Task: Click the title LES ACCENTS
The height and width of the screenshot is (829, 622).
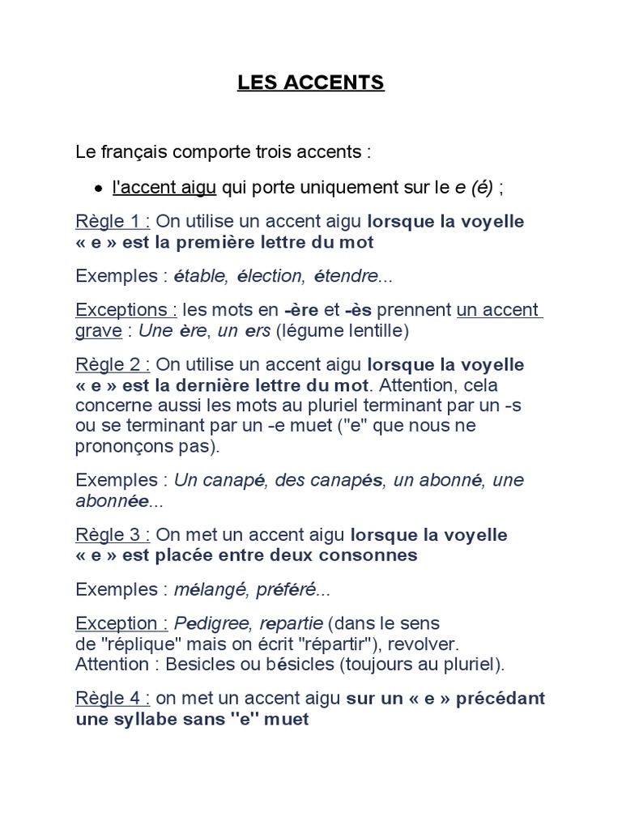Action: click(311, 83)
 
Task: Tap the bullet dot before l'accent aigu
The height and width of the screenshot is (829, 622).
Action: click(98, 189)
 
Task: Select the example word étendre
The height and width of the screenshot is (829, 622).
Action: click(345, 276)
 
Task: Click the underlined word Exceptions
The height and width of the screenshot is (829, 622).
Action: click(122, 309)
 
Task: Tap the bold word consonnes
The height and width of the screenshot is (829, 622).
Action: click(365, 555)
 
